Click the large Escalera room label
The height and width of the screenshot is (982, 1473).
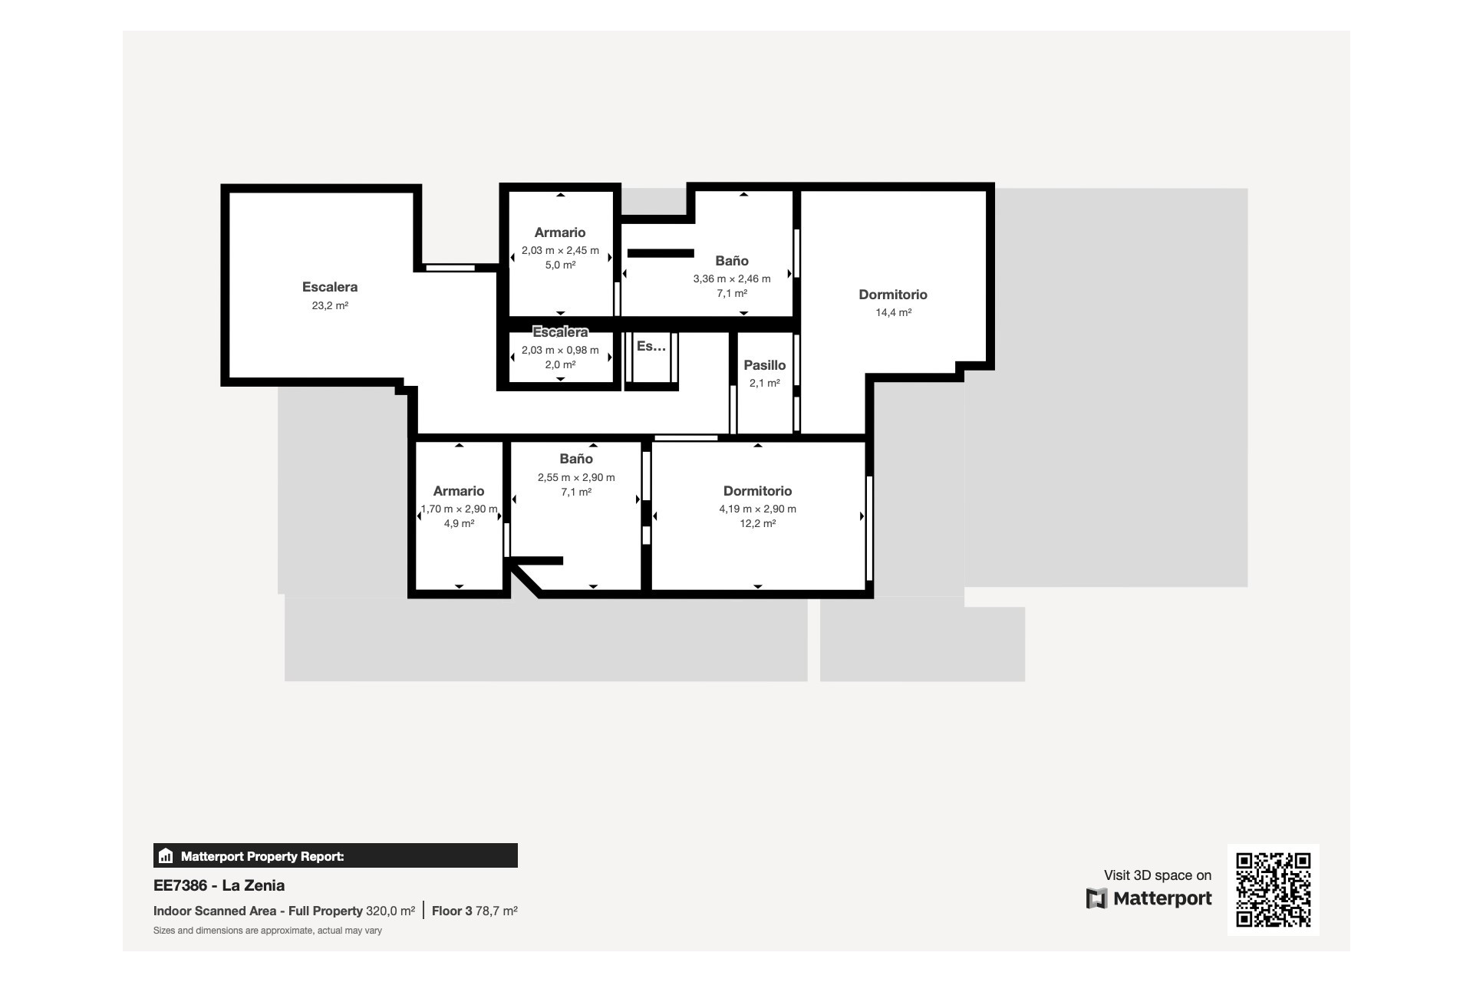point(329,287)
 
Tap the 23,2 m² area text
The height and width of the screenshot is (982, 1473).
point(329,305)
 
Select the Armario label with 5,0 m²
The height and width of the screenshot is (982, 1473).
point(559,232)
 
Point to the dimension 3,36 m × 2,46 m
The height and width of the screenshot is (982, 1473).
point(731,278)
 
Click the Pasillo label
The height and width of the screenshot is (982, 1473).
point(764,365)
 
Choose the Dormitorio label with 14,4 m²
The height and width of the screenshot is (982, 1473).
point(892,295)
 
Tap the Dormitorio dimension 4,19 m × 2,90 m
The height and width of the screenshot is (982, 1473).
point(757,509)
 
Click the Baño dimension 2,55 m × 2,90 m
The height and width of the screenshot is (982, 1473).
point(575,477)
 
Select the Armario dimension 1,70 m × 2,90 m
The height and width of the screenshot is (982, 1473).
point(459,509)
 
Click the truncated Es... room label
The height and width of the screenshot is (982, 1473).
point(651,346)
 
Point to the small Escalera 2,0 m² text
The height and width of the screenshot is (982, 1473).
point(560,364)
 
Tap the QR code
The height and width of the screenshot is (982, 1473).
point(1273,889)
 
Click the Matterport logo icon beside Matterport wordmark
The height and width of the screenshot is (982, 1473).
point(1096,898)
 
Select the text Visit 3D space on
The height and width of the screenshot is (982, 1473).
point(1157,875)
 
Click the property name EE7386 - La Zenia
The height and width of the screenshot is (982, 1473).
point(219,885)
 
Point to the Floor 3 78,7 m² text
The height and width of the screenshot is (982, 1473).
point(474,911)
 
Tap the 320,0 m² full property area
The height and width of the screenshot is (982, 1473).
point(390,911)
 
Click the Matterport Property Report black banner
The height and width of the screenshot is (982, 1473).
point(335,855)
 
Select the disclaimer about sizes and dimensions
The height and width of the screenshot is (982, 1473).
point(267,931)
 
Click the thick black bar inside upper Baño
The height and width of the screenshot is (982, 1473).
point(661,253)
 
